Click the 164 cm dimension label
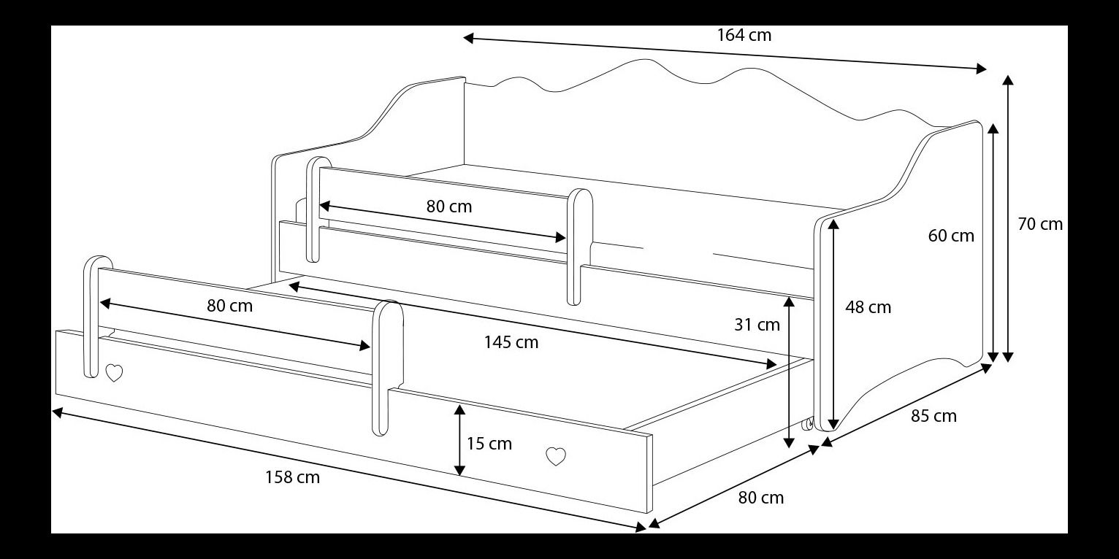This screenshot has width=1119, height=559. pyautogui.click(x=744, y=35)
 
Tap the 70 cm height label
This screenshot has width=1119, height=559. pyautogui.click(x=1040, y=224)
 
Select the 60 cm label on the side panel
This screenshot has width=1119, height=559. pyautogui.click(x=951, y=236)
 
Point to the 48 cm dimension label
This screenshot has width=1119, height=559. pyautogui.click(x=868, y=307)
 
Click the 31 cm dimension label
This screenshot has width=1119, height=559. pyautogui.click(x=757, y=325)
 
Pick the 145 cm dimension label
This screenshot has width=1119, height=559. pyautogui.click(x=511, y=342)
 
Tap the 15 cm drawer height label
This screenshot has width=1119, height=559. pyautogui.click(x=489, y=443)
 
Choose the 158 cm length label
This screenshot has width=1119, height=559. pyautogui.click(x=292, y=477)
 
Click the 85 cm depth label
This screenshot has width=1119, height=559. pyautogui.click(x=933, y=416)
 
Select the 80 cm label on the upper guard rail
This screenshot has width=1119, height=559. pyautogui.click(x=449, y=206)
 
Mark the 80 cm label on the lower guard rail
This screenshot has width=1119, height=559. pyautogui.click(x=230, y=306)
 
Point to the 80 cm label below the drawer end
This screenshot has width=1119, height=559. pyautogui.click(x=761, y=498)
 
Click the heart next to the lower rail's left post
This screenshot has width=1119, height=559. pyautogui.click(x=115, y=373)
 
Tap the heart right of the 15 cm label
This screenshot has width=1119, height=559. pyautogui.click(x=556, y=456)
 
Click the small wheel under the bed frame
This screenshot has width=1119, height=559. pyautogui.click(x=807, y=424)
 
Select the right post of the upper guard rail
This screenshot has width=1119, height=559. pyautogui.click(x=579, y=247)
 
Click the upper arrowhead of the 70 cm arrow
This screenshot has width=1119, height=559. pyautogui.click(x=1008, y=80)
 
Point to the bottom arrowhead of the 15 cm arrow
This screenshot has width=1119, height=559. pyautogui.click(x=459, y=470)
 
